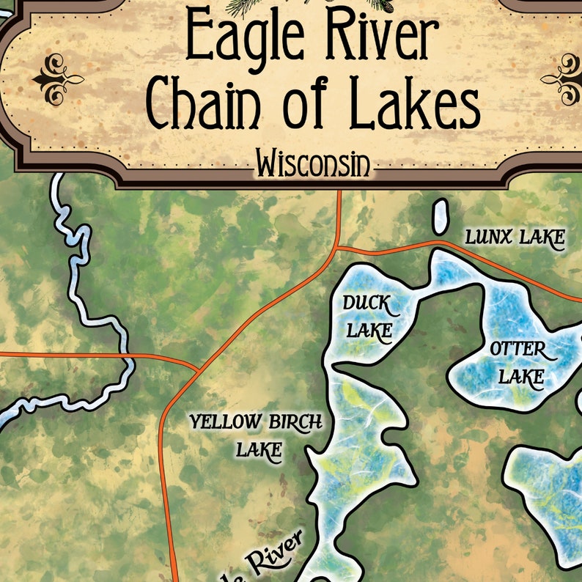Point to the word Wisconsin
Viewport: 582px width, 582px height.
[x=312, y=165]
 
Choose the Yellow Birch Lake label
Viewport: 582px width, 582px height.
[x=256, y=435]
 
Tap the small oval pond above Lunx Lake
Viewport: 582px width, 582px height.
[x=441, y=216]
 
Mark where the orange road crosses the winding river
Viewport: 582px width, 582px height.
[x=129, y=358]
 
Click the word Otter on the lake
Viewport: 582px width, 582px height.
[x=518, y=350]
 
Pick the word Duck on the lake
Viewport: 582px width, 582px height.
[x=368, y=303]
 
